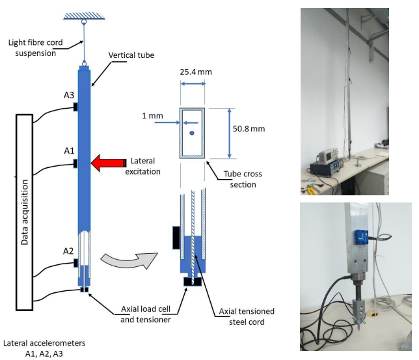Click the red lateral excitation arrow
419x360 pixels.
pos(109,163)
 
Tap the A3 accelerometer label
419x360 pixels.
pos(69,95)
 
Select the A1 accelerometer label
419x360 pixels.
pos(69,151)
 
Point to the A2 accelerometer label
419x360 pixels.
pos(68,251)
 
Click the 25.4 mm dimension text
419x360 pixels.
pos(196,72)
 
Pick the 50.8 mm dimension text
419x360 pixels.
pos(249,129)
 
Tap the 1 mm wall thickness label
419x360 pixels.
pos(152,116)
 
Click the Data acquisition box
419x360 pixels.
pos(24,212)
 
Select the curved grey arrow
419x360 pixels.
pos(129,260)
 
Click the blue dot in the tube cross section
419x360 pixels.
pos(192,133)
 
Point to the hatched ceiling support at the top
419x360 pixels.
pos(84,16)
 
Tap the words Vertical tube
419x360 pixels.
pos(131,55)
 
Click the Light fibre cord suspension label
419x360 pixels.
pos(36,48)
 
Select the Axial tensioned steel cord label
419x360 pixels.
pos(247,316)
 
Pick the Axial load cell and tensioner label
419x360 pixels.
pos(146,314)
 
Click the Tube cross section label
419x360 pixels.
pos(243,179)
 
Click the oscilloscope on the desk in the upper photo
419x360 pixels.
pos(329,156)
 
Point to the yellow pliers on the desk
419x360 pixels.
pos(311,190)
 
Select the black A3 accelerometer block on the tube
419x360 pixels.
pos(75,107)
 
